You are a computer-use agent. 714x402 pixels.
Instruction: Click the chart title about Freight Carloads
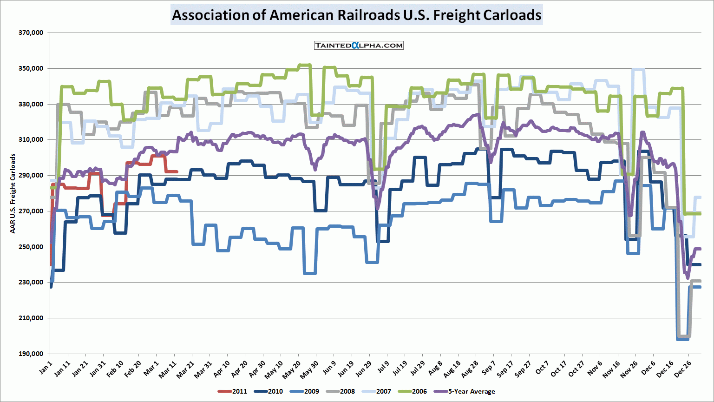356,15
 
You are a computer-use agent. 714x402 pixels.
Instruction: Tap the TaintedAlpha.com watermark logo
359,45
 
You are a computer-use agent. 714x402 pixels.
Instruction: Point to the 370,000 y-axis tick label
31,33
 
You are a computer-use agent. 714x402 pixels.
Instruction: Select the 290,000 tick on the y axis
31,176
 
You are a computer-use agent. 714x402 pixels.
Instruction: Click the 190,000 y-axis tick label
31,354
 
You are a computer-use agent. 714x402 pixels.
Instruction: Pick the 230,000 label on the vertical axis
31,283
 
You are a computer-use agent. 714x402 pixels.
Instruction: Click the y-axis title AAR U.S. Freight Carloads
13,193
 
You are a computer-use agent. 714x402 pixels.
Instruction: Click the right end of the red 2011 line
177,171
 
